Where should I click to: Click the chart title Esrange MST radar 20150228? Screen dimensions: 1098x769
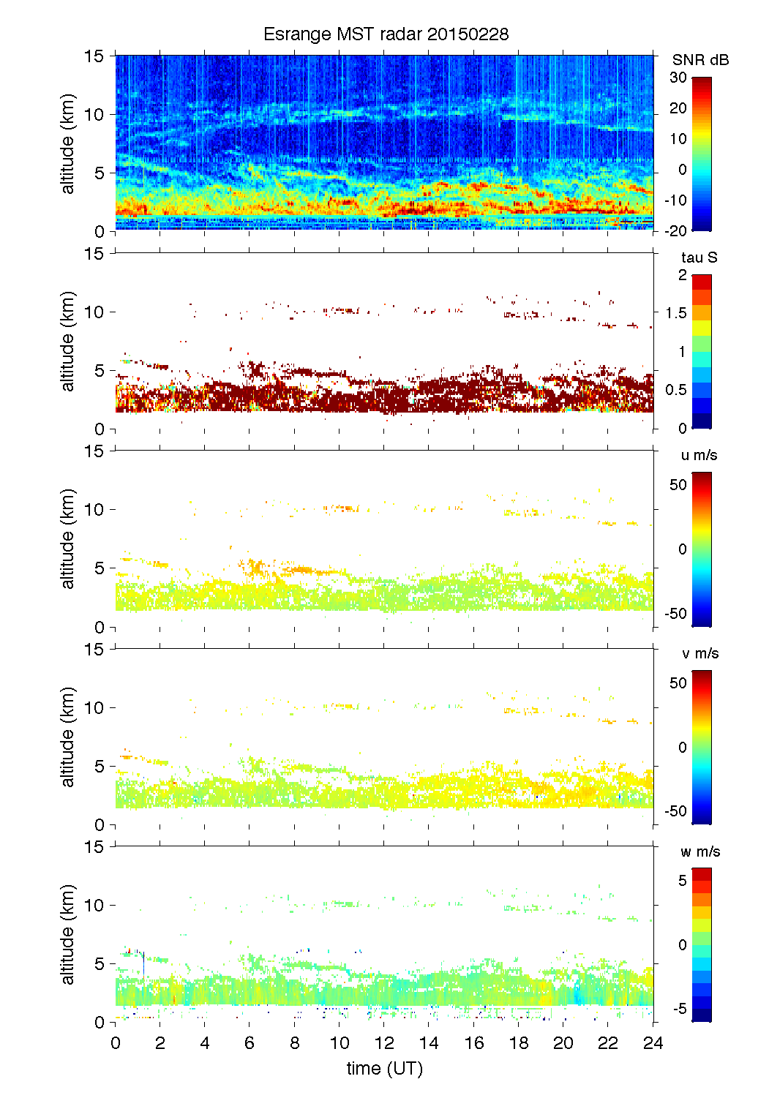(x=386, y=34)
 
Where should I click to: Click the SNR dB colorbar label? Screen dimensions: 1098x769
(x=700, y=60)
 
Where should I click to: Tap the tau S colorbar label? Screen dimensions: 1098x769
(x=699, y=257)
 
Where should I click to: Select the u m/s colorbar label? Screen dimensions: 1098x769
(x=699, y=455)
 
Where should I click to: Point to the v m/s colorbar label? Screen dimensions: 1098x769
(x=700, y=653)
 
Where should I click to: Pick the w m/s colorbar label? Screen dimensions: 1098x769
(x=700, y=851)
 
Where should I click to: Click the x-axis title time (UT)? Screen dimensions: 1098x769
(x=385, y=1068)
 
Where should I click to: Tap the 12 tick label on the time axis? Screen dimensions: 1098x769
(x=384, y=1043)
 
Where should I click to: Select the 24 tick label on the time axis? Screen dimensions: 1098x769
(x=653, y=1043)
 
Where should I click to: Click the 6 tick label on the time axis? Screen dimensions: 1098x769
(x=250, y=1043)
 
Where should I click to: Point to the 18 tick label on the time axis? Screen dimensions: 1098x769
(x=519, y=1043)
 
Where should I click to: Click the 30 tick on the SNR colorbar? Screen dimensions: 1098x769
(x=678, y=78)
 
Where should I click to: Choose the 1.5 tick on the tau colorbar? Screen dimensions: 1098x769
(x=676, y=313)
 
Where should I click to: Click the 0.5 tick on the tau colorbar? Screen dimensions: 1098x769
(x=676, y=390)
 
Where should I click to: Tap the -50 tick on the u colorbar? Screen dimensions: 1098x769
(x=675, y=613)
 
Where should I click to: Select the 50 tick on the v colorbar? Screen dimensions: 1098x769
(x=678, y=683)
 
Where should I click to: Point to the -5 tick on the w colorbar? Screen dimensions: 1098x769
(x=680, y=1009)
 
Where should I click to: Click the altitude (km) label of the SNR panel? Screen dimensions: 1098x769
(x=68, y=143)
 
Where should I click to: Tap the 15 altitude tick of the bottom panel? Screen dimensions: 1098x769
(x=95, y=846)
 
